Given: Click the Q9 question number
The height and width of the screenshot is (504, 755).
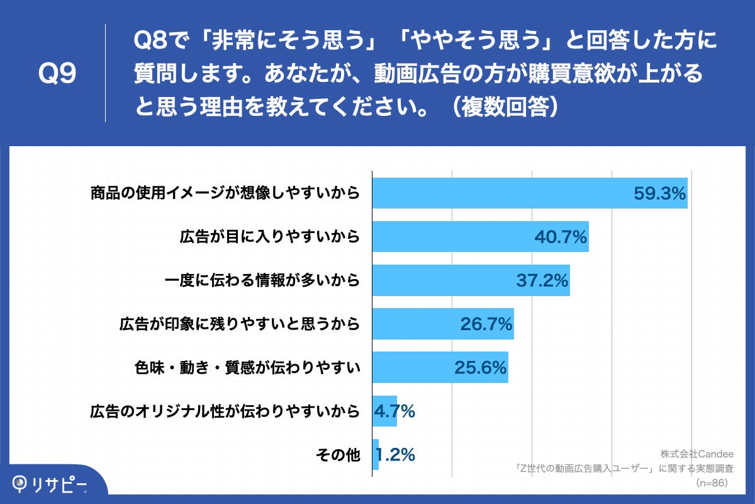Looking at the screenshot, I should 57,74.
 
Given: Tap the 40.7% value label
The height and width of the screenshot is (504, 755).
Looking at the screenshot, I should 561,237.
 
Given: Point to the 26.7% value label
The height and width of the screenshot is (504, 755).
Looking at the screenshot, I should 486,324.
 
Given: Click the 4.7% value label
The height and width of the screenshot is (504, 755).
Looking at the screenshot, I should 394,412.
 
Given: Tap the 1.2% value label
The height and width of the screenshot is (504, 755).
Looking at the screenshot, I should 395,455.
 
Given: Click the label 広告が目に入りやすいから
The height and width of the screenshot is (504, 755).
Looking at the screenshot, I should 269,237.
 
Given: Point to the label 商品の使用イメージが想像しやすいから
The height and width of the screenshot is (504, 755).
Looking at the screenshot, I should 225,193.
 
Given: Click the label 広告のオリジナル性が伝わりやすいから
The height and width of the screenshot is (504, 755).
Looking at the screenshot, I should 225,412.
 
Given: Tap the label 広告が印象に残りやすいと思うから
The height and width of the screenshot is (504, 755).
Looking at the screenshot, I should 239,324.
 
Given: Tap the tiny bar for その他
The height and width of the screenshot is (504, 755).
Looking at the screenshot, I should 376,455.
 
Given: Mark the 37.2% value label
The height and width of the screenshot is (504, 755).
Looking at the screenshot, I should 542,281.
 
